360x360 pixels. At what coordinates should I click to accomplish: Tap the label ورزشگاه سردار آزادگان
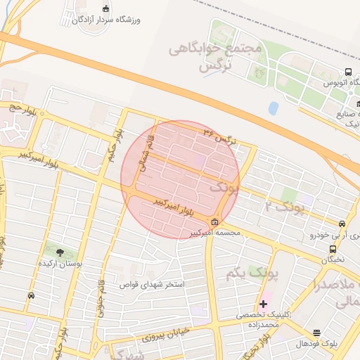(106, 20)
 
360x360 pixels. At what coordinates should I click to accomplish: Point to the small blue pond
(273, 108)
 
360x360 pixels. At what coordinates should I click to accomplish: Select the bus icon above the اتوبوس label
(348, 72)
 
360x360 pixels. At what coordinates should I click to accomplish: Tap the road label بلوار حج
(22, 110)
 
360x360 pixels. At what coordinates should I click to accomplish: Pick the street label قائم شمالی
(140, 149)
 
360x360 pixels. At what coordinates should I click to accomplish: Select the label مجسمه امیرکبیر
(214, 233)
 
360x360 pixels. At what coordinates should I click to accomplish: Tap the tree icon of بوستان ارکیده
(58, 251)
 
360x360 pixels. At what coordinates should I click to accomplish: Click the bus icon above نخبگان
(333, 248)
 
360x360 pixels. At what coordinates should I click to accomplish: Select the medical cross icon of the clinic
(263, 304)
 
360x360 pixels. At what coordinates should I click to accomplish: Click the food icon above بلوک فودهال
(316, 333)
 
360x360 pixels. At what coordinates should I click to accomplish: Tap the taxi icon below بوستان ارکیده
(31, 296)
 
